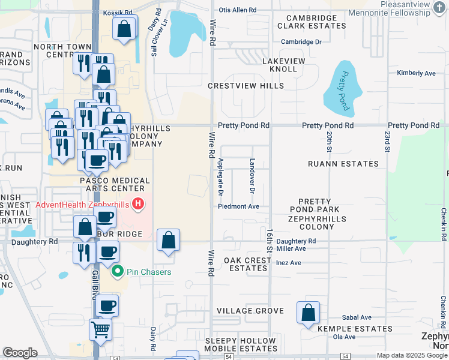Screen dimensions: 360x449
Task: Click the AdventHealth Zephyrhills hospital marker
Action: coord(139,204)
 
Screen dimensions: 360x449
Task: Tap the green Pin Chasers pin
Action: coord(118,272)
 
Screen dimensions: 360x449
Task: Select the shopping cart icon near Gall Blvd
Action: coord(100,328)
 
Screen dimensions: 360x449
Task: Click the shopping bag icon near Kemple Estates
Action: coord(308,313)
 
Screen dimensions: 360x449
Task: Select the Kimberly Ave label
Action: coord(416,73)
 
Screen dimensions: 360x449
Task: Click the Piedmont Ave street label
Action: coord(238,206)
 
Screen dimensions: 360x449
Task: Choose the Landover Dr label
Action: coord(252,176)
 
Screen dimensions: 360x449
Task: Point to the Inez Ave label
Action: coord(288,263)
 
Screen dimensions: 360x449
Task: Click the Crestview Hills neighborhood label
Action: coord(246,86)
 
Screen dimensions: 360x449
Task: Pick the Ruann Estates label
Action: coord(343,164)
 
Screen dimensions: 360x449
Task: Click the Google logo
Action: coord(20,353)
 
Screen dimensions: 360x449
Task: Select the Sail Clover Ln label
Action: coord(154,41)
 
